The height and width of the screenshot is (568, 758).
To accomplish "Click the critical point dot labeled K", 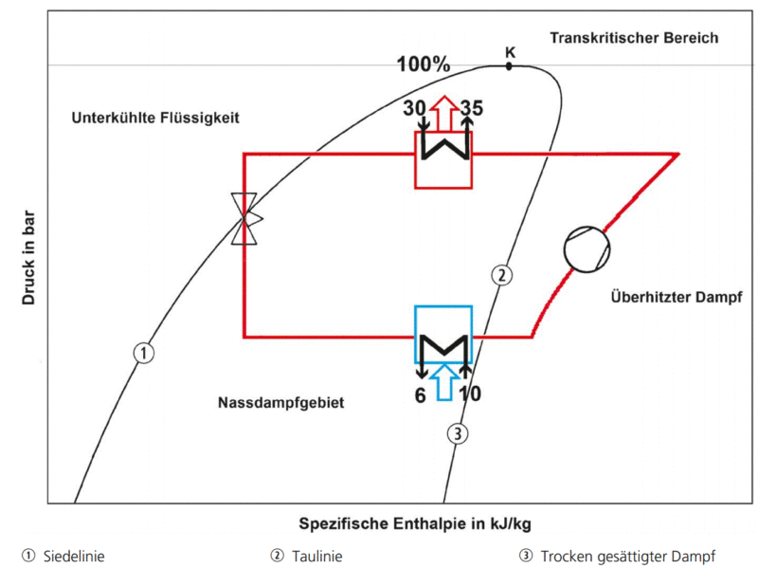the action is pos(509,66).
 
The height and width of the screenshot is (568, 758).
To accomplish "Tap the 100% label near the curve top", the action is pos(424,64).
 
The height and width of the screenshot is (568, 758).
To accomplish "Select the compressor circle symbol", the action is pos(587,249).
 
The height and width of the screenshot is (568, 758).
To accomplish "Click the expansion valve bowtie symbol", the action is pos(245,219).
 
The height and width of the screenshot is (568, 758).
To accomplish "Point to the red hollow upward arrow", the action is pos(444,114).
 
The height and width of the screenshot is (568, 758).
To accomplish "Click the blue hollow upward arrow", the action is pos(444,382).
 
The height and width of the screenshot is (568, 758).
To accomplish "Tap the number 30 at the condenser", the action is pos(414,108).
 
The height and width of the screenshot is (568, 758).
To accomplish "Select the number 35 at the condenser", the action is pos(471,108).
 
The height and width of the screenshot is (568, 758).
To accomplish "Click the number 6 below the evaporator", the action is pos(420,395).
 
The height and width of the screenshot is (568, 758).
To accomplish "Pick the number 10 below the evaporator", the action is pos(470,394).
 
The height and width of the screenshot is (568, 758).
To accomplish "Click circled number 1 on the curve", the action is pos(144,353).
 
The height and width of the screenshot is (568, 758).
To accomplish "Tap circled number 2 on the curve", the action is pos(502,275).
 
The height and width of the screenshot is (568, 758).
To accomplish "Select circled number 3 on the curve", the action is pos(458,433).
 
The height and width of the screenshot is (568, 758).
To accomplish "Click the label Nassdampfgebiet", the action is pos(280,403).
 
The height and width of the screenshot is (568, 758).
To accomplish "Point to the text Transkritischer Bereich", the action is pos(634,38).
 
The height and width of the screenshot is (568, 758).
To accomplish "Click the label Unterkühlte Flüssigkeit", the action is pos(155,118).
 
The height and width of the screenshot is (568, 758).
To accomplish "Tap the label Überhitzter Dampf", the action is pos(677,297).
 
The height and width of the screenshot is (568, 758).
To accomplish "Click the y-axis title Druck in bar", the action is pos(28,257).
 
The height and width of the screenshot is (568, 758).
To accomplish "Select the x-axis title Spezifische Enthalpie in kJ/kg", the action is pos(415,523).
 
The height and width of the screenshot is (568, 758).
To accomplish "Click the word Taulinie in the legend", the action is pos(317,557).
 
